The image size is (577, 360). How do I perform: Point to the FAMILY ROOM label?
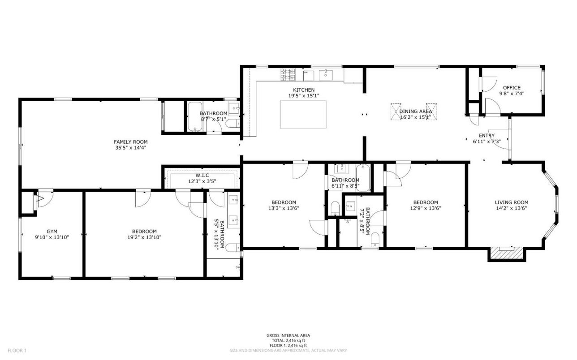coord(130,142)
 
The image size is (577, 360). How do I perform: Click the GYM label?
coord(52,231)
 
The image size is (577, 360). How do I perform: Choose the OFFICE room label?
coord(511,88)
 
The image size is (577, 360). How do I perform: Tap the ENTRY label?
coord(487,136)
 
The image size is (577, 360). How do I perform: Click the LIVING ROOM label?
coord(511,202)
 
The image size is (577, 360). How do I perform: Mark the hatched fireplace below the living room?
coord(506,254)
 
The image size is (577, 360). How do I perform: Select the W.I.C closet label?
coord(202,175)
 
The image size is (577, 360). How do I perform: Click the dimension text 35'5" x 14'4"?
coord(130,147)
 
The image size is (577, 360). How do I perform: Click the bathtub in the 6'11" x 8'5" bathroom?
coord(363,178)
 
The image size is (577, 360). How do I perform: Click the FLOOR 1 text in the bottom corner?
coord(17,350)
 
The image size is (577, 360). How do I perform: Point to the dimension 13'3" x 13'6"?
coord(284,208)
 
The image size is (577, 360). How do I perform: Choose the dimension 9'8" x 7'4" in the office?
coord(511,94)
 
